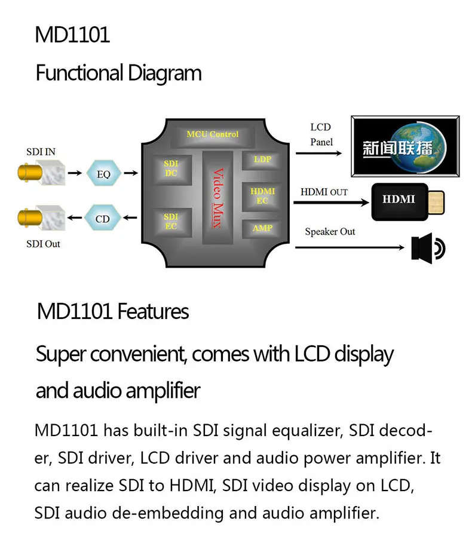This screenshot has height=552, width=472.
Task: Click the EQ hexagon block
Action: [103, 174]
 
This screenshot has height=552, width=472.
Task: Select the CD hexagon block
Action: [103, 219]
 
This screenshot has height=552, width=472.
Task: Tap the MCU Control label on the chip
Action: [212, 134]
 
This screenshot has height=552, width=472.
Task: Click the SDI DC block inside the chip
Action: [171, 168]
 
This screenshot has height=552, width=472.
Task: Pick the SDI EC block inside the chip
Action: [171, 221]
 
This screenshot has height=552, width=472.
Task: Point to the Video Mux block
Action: [217, 197]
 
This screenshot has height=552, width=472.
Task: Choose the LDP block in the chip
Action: [262, 160]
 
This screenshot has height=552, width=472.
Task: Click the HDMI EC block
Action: [262, 196]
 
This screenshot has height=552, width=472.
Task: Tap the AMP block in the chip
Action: [262, 228]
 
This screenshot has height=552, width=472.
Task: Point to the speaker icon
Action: [428, 249]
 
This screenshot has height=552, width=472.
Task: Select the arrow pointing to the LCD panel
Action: [318, 153]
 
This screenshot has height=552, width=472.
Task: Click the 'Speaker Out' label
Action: [330, 231]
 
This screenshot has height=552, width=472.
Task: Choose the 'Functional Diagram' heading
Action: [118, 73]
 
